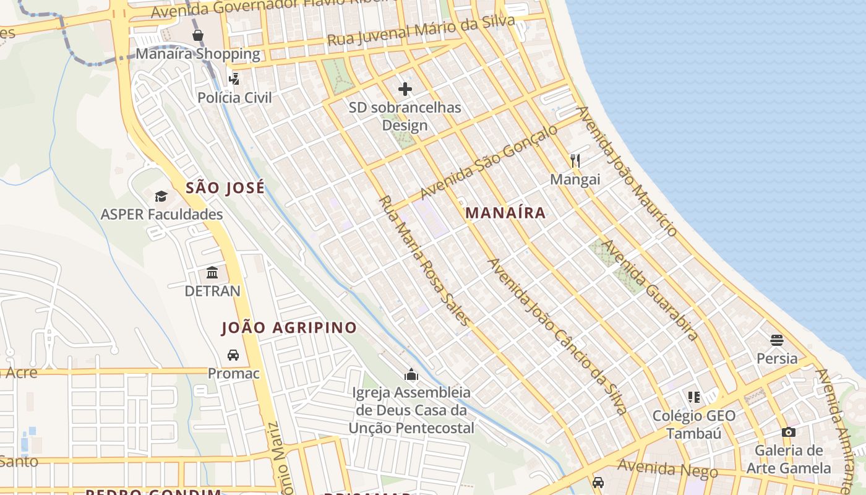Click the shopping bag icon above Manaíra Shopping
coord(198,35)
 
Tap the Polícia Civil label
coord(234,97)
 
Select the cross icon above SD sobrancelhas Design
coord(405,89)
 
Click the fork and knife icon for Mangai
coord(575,161)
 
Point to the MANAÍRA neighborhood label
coord(505,213)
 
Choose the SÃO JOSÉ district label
coord(225,187)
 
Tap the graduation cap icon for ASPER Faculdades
coord(161,196)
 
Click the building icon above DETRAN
coord(212,272)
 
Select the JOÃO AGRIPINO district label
coord(289,328)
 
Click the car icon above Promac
coord(233,355)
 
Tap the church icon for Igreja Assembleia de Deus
coord(411,374)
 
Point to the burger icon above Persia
coord(778,340)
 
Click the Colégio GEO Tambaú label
coord(694,424)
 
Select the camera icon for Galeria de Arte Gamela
coord(789,432)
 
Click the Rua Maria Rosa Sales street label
coord(424,260)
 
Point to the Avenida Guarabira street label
coord(650,290)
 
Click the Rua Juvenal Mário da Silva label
coord(421,31)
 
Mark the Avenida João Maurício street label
coord(626,171)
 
